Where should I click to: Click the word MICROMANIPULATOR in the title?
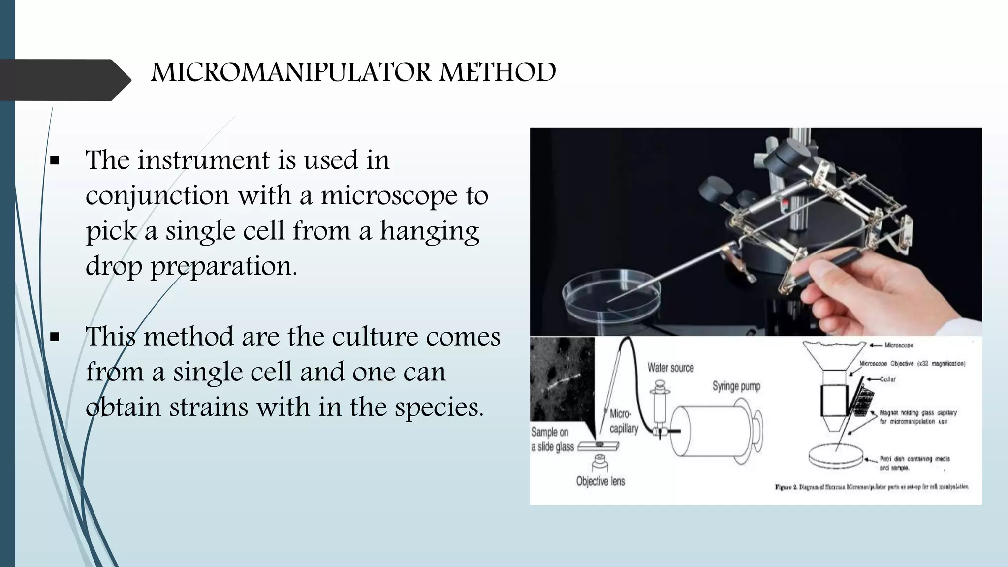(x=291, y=73)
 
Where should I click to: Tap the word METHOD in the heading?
(x=498, y=73)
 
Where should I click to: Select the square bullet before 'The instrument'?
(x=55, y=160)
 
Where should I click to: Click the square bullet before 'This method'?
(x=55, y=337)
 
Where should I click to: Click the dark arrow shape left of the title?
(x=64, y=80)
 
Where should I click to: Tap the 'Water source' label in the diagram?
(x=670, y=368)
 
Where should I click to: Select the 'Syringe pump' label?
(x=736, y=386)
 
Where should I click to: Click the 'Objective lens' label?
(x=600, y=481)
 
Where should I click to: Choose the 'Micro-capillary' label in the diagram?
(x=623, y=421)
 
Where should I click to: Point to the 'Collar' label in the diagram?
(x=887, y=379)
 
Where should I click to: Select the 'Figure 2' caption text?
(x=872, y=487)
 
